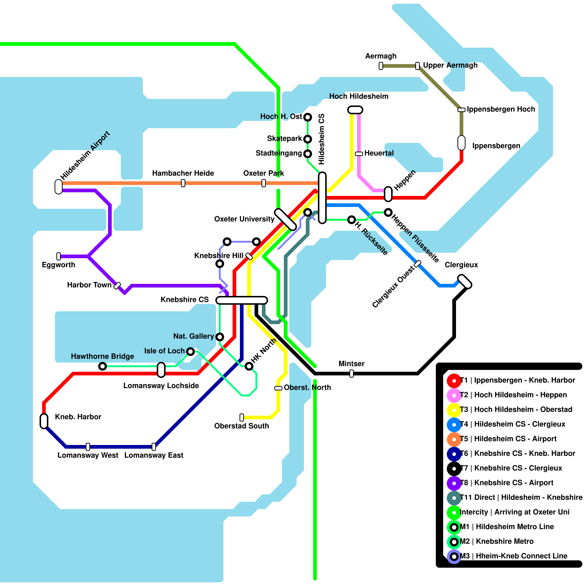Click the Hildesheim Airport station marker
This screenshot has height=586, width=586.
[x=59, y=186]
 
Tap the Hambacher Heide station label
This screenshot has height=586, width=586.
[x=183, y=173]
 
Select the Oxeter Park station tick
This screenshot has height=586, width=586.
[x=264, y=183]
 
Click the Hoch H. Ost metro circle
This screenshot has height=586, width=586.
[x=308, y=117]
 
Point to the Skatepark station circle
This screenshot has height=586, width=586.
[x=308, y=139]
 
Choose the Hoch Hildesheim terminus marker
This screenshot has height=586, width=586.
[x=355, y=110]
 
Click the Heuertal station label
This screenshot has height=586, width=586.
[x=379, y=153]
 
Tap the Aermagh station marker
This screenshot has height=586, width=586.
[x=381, y=66]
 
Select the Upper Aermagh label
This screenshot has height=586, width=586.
[x=450, y=65]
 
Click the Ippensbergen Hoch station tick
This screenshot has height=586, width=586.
[x=461, y=110]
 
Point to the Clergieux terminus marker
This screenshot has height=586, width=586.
[x=465, y=281]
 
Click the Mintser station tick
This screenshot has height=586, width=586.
[x=352, y=374]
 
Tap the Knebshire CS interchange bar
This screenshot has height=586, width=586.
[x=242, y=300]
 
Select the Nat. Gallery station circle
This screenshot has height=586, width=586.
[x=220, y=337]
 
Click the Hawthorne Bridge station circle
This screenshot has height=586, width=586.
[x=103, y=366]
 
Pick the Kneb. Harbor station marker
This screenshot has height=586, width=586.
[x=44, y=421]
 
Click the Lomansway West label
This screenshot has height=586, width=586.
[x=88, y=455]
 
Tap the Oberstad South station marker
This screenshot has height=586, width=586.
[x=242, y=418]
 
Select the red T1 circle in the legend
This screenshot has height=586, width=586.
[x=454, y=381]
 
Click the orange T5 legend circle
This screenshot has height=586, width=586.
[x=454, y=439]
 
